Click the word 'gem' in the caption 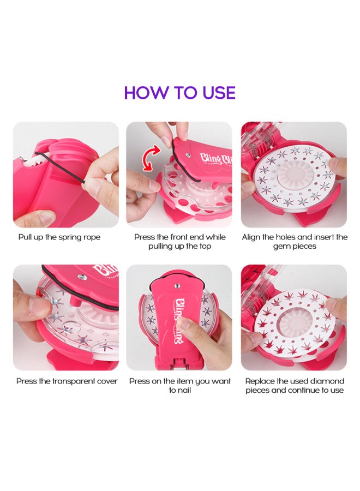(284, 246)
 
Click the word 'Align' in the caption (253, 237)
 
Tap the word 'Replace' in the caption (259, 381)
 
